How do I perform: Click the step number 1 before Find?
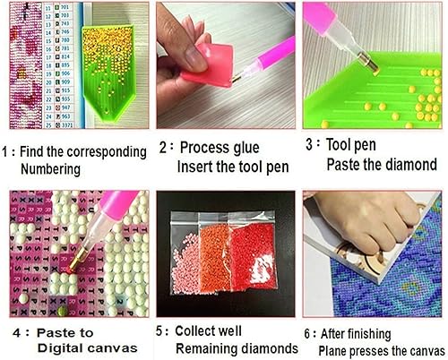(x=8, y=148)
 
